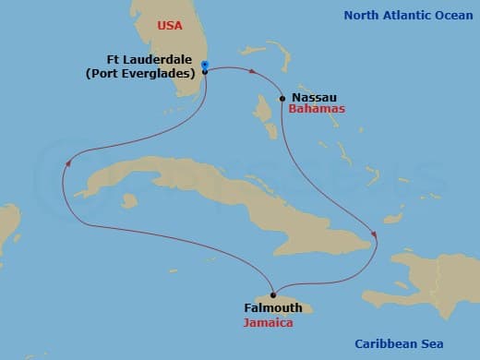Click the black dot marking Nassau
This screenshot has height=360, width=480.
[x=282, y=98]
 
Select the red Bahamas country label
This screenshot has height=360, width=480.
[x=317, y=109]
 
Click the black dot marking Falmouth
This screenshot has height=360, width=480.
[x=273, y=295]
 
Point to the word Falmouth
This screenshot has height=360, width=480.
[x=273, y=308]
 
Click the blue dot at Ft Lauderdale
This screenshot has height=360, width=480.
[x=205, y=65]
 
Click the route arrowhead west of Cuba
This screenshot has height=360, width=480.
[x=67, y=162]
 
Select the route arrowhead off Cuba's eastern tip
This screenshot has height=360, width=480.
[x=374, y=233]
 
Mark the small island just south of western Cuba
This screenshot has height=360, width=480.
[x=129, y=199]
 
